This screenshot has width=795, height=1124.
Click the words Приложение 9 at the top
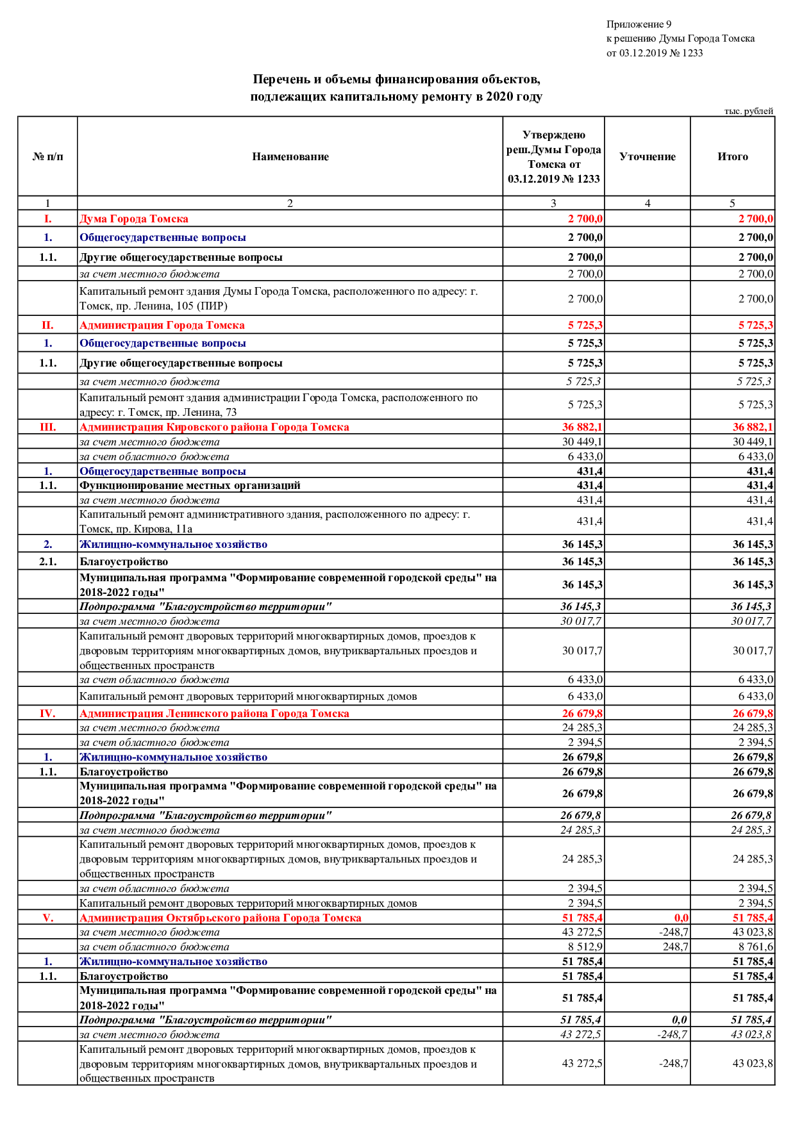(639, 24)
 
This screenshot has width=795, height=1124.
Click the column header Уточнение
(647, 156)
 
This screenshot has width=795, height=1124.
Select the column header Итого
(732, 156)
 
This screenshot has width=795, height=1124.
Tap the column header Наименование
(290, 156)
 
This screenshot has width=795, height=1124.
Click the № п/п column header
(47, 156)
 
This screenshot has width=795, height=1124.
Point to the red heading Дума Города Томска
(133, 219)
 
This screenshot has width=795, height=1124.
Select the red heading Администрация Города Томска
(162, 325)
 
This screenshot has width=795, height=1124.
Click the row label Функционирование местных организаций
(190, 485)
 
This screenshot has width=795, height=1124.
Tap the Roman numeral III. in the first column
(47, 427)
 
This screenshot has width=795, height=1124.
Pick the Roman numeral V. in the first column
(47, 918)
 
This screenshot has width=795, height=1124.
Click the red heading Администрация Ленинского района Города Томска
(214, 713)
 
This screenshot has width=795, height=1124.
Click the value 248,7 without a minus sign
(675, 946)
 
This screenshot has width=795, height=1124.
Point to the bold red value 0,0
(681, 918)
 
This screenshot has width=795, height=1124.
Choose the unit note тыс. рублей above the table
(748, 111)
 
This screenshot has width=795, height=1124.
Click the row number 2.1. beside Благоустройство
(47, 561)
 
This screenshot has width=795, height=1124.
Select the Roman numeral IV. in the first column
(47, 713)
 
